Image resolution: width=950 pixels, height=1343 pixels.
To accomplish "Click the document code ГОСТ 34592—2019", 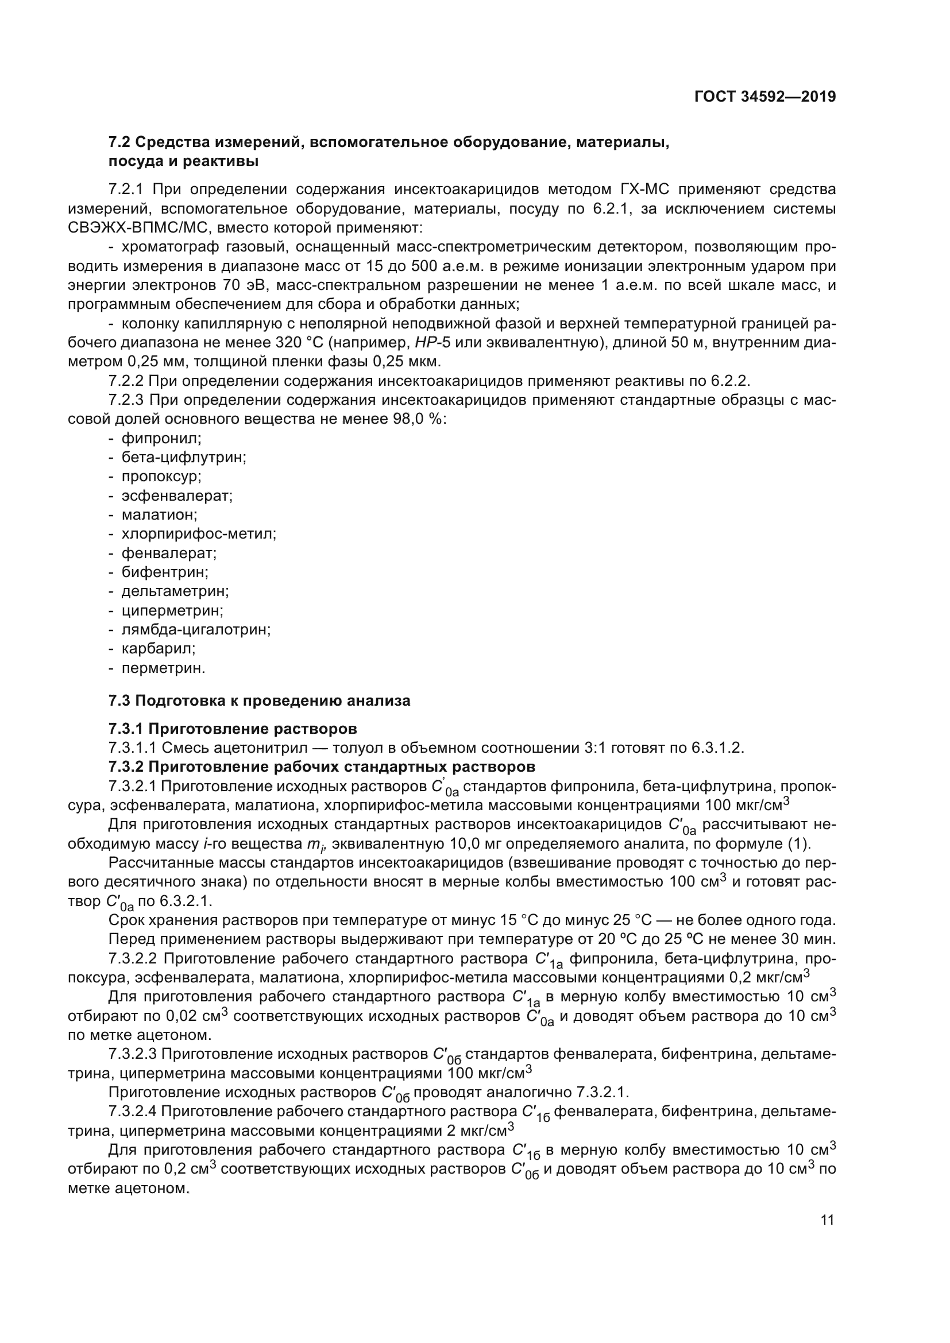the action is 765,96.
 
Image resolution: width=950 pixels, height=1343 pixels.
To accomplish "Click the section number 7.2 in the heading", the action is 119,142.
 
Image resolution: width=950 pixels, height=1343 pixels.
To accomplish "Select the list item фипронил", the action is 161,438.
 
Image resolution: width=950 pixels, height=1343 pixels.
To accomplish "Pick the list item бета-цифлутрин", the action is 183,458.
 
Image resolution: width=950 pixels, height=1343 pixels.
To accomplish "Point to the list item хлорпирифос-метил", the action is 198,534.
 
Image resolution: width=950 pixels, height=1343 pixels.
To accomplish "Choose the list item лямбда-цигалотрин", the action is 195,630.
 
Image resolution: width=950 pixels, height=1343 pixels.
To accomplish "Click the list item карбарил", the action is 158,649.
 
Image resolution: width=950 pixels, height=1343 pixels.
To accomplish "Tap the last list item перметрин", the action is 163,668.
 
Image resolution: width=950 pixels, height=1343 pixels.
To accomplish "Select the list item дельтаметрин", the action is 175,591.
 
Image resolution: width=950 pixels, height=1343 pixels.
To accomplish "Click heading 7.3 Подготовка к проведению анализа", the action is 259,700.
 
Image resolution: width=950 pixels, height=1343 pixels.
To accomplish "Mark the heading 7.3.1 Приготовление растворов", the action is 232,729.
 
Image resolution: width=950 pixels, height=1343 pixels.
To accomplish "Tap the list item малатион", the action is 159,514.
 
